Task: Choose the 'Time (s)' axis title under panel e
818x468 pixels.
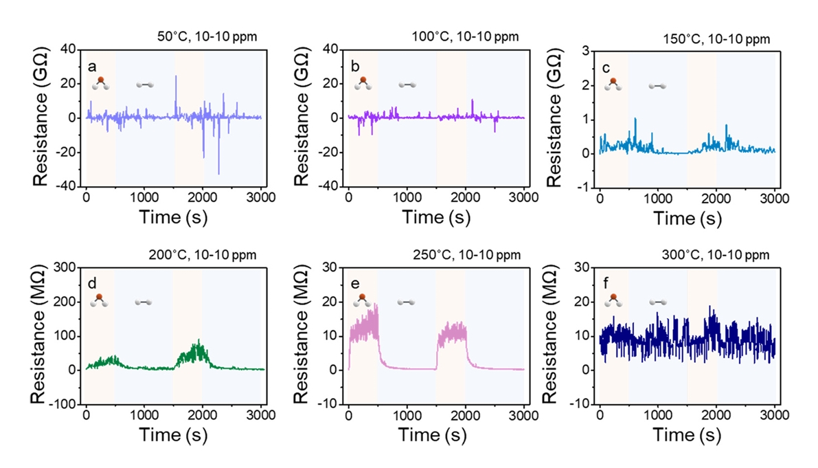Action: coord(435,436)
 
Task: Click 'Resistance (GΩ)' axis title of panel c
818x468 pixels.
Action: coord(556,117)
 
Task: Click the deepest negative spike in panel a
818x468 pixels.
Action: coord(218,174)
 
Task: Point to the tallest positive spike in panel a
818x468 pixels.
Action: coord(176,76)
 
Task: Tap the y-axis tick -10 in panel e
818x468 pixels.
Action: coord(330,404)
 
